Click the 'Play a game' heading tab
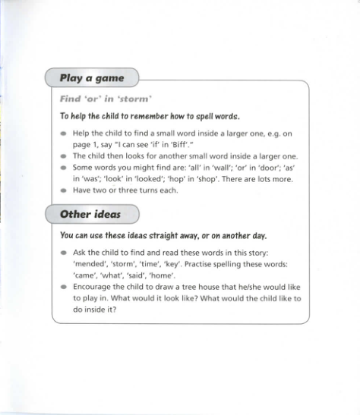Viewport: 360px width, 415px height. [92, 77]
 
